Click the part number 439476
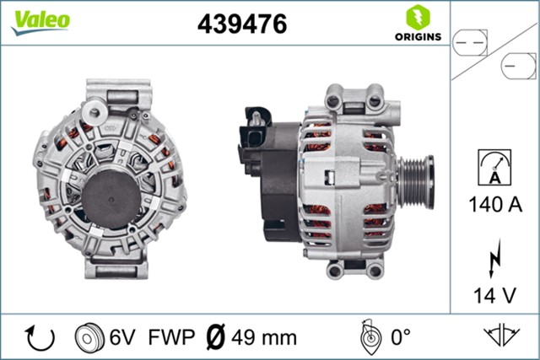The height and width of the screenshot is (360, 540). pos(242,24)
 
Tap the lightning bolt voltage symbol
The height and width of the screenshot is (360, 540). pos(495,258)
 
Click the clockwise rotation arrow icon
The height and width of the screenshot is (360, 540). pos(40,338)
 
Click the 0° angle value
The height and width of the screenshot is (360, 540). pos(399,338)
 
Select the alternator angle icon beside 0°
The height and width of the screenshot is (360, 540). pos(368,337)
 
